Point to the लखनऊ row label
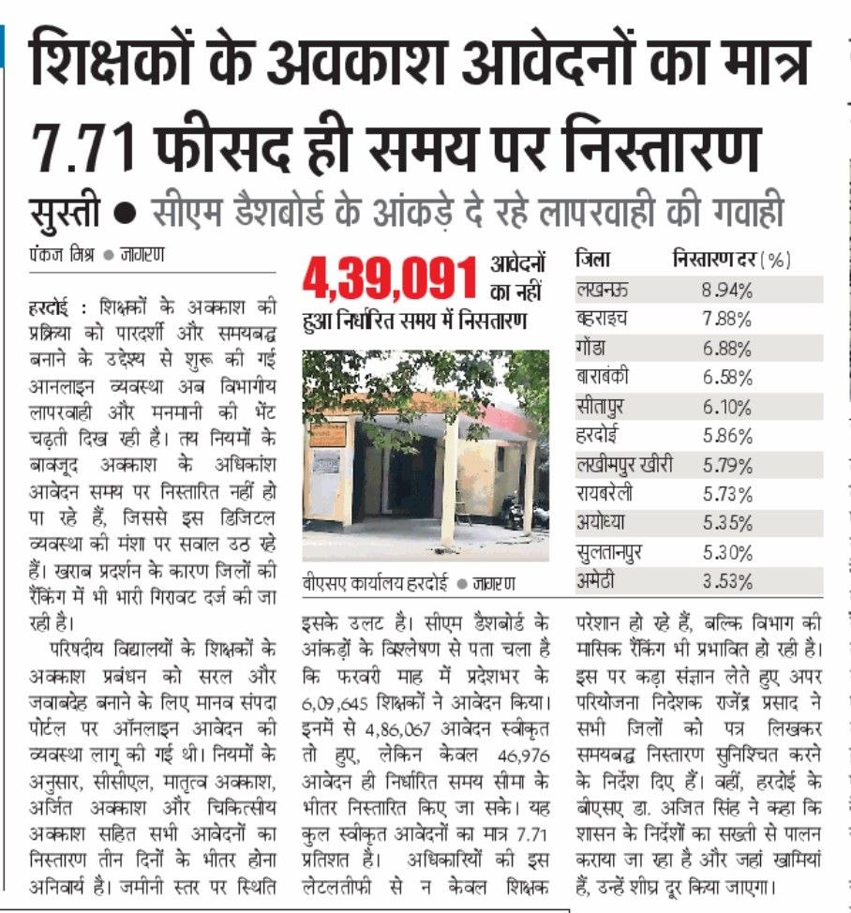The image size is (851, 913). point(603,290)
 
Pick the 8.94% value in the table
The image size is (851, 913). point(726,290)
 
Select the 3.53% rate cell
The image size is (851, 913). point(726,581)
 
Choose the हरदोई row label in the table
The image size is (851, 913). point(600,435)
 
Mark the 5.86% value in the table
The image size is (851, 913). point(726,435)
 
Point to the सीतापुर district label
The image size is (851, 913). point(605,406)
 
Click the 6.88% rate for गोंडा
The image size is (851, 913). point(726,348)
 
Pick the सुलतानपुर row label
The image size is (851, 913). point(611,552)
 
